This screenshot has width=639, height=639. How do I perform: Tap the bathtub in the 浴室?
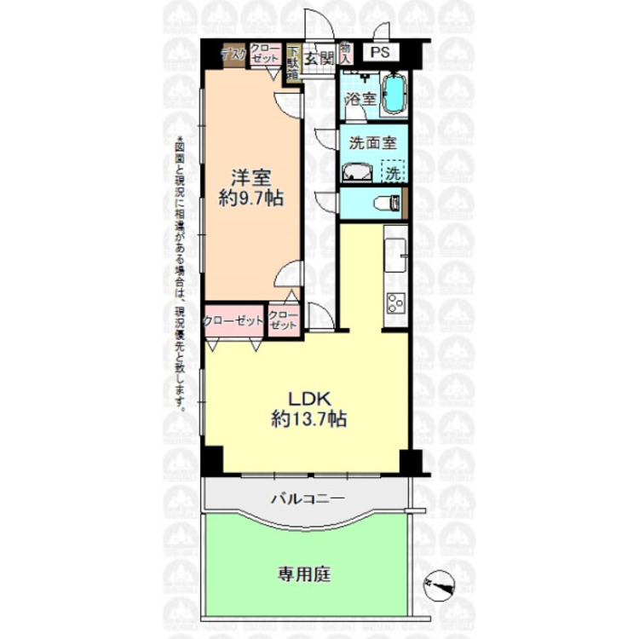point(394,95)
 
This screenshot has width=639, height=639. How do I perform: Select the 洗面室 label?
point(369,143)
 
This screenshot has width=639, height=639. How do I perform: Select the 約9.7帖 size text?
point(251,199)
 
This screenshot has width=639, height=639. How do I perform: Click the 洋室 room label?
point(251,178)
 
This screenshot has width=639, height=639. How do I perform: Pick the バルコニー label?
point(305,498)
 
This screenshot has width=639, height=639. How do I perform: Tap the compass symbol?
point(440,584)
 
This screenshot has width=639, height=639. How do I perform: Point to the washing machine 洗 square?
point(392,171)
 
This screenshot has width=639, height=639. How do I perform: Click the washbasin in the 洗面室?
point(357,174)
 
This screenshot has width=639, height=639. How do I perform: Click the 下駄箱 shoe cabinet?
point(292,62)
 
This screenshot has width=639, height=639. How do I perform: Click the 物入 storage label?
point(345,54)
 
